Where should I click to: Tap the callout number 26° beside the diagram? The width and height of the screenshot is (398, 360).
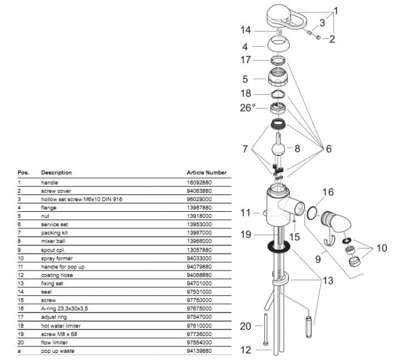pyautogui.click(x=248, y=107)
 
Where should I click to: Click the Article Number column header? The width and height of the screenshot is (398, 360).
pyautogui.click(x=207, y=172)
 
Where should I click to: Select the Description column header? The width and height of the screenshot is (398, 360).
pyautogui.click(x=56, y=172)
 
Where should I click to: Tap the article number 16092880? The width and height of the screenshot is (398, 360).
pyautogui.click(x=200, y=182)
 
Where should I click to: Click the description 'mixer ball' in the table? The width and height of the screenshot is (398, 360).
pyautogui.click(x=53, y=241)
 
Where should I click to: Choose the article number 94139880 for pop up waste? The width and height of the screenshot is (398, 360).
pyautogui.click(x=200, y=350)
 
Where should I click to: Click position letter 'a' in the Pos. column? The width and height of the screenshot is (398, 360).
pyautogui.click(x=19, y=350)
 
